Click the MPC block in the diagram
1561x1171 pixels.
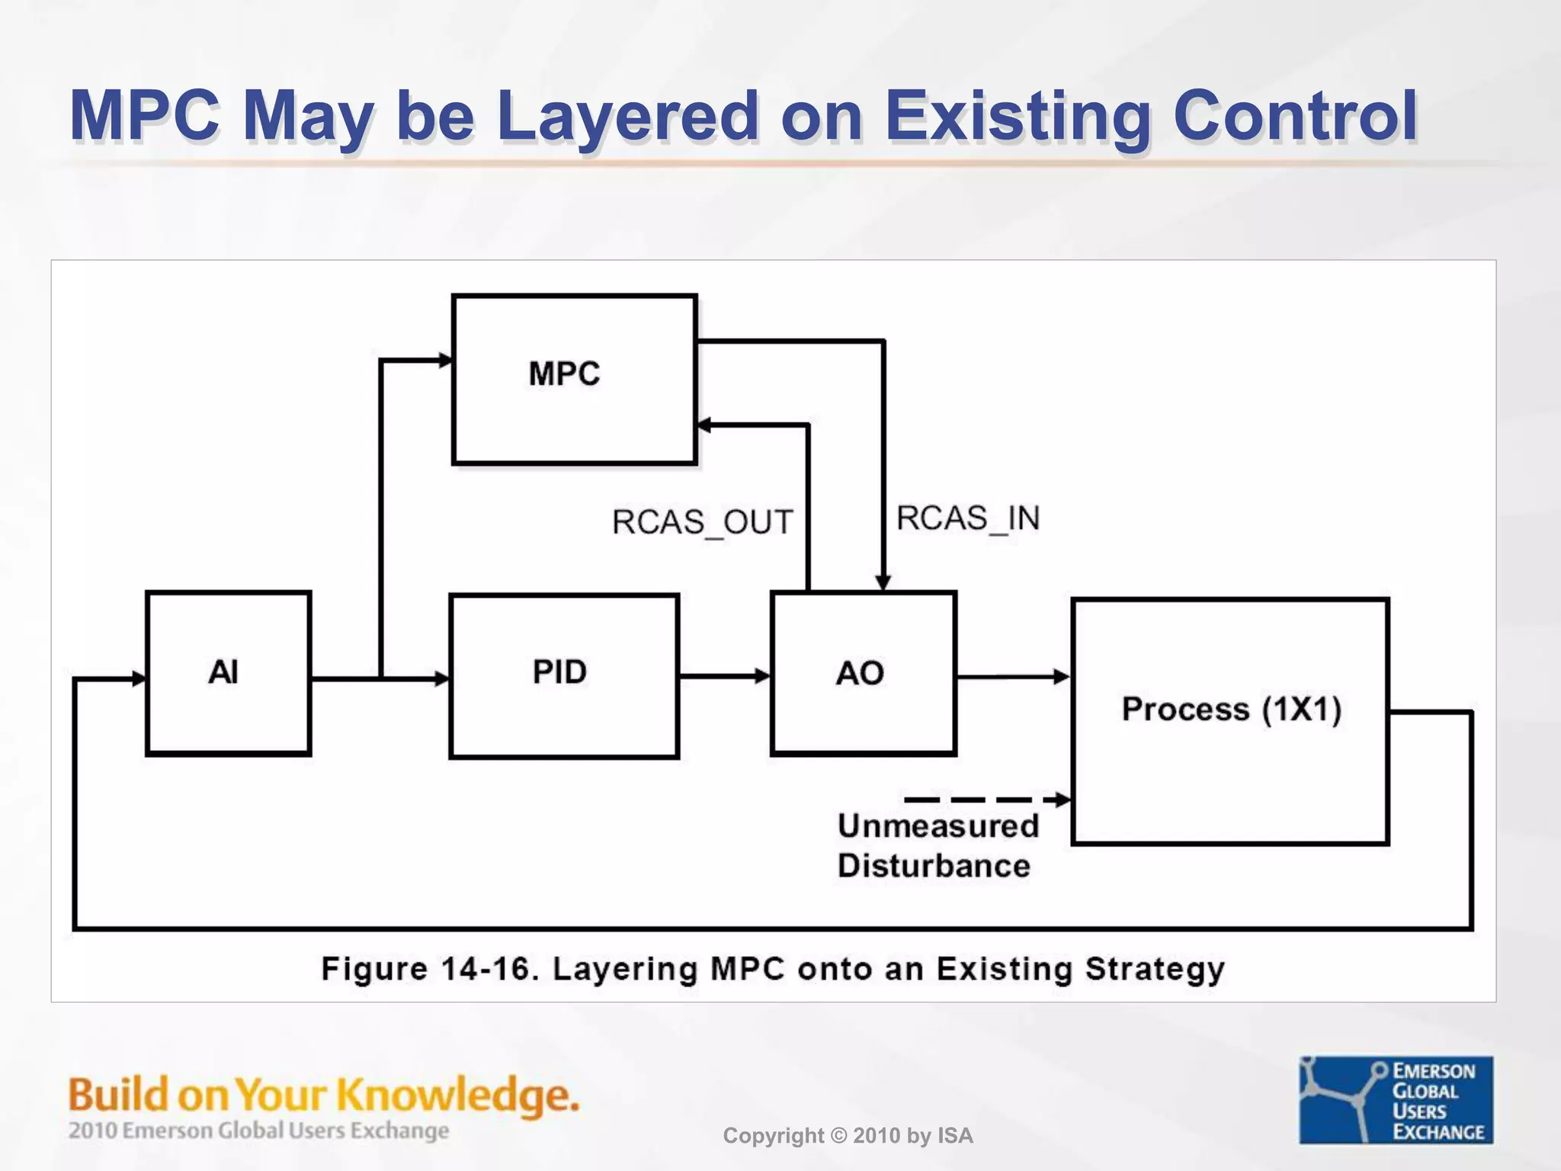[574, 379]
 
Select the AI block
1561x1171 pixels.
[228, 673]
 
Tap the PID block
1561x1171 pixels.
[563, 675]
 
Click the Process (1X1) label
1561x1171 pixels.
[1230, 709]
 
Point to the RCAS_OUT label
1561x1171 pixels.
[702, 523]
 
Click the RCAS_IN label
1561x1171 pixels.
[967, 519]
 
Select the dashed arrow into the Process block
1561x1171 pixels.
[987, 800]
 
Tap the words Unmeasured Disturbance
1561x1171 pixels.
[938, 845]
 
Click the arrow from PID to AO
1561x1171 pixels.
[724, 675]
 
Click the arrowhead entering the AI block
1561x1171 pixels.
[138, 678]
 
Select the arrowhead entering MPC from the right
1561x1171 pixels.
[705, 425]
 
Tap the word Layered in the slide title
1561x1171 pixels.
[627, 116]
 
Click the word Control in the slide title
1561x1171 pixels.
[1294, 116]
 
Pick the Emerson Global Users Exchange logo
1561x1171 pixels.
[1396, 1099]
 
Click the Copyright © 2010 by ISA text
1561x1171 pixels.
[848, 1136]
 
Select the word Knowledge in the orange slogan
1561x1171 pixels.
[457, 1095]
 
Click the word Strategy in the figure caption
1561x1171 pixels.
[1154, 969]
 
